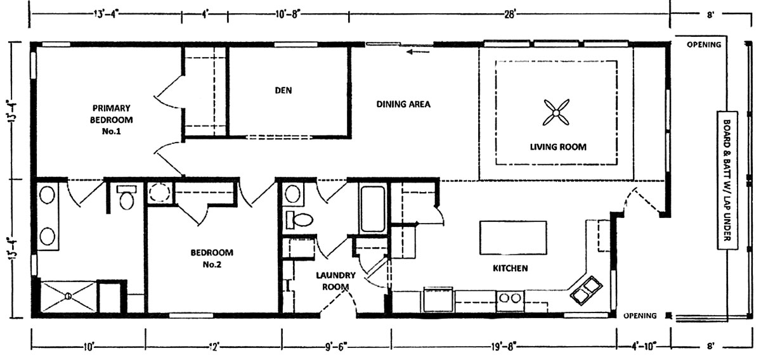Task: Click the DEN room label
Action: pyautogui.click(x=283, y=91)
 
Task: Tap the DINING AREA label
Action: pyautogui.click(x=403, y=105)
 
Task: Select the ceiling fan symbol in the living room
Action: pyautogui.click(x=556, y=112)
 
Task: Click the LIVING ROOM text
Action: pyautogui.click(x=558, y=147)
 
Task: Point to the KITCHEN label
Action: pyautogui.click(x=511, y=268)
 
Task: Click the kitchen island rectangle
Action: pyautogui.click(x=513, y=238)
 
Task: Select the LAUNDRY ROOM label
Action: pyautogui.click(x=335, y=281)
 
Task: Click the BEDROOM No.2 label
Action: pyautogui.click(x=212, y=259)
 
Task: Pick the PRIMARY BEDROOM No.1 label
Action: pyautogui.click(x=111, y=120)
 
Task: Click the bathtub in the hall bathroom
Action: pyautogui.click(x=373, y=209)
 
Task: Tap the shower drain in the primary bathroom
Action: pyautogui.click(x=68, y=296)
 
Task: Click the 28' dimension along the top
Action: pyautogui.click(x=511, y=15)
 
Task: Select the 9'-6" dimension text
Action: pyautogui.click(x=336, y=347)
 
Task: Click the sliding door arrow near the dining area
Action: pyautogui.click(x=418, y=52)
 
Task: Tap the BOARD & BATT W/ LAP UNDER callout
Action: pyautogui.click(x=727, y=181)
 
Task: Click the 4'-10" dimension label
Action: pyautogui.click(x=644, y=347)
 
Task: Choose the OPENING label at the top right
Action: pyautogui.click(x=704, y=44)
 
